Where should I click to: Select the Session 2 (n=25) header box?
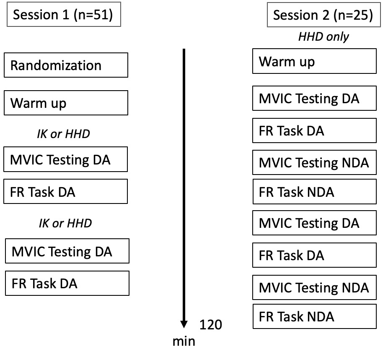click(x=323, y=16)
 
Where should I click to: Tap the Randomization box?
click(x=66, y=65)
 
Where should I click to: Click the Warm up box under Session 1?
click(x=66, y=103)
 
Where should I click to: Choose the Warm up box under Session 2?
click(x=314, y=62)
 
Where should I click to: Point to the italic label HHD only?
click(x=323, y=37)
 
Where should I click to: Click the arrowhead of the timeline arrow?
click(x=184, y=324)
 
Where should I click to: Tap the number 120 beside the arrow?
click(x=210, y=325)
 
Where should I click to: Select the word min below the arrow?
click(x=184, y=341)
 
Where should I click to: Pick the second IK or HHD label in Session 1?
click(x=65, y=223)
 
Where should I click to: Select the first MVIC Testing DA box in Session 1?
click(x=66, y=159)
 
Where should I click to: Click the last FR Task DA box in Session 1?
click(x=67, y=284)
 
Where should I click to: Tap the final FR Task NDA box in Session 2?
click(x=314, y=316)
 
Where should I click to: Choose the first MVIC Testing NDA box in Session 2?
click(x=314, y=162)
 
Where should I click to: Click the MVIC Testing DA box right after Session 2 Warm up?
click(x=314, y=99)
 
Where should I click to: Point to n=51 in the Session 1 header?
click(x=92, y=16)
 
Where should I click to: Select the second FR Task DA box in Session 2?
click(x=314, y=255)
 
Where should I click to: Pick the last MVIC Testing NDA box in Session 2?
click(x=314, y=287)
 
